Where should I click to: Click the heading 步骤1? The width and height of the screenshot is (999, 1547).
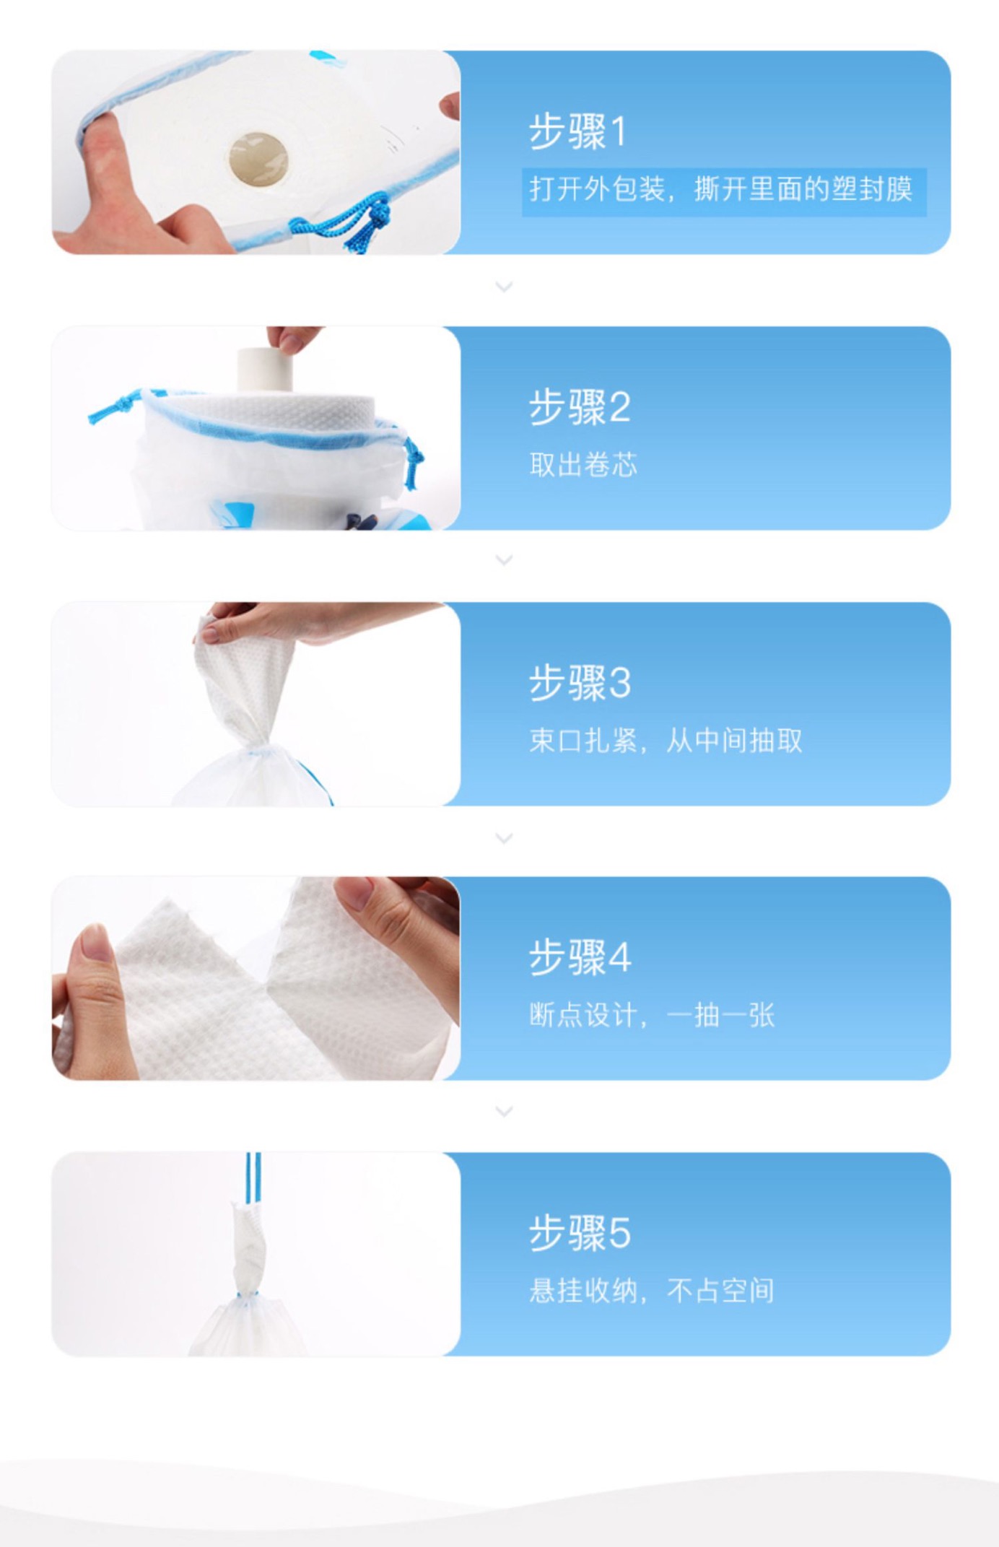click(577, 131)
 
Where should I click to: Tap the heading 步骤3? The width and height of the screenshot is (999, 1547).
click(580, 682)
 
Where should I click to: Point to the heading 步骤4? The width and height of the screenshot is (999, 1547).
click(580, 957)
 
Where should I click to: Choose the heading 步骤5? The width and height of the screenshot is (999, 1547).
click(580, 1232)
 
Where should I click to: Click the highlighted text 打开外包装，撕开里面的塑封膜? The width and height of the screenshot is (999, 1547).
click(721, 189)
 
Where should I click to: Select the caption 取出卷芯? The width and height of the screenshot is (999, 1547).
click(583, 465)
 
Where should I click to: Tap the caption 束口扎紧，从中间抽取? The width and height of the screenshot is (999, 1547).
click(666, 741)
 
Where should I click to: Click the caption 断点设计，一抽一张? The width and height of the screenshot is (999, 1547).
click(652, 1016)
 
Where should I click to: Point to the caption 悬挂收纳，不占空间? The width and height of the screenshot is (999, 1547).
click(652, 1291)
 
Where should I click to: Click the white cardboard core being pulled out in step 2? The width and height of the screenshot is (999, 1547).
click(265, 370)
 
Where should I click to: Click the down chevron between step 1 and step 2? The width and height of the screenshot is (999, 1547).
click(505, 287)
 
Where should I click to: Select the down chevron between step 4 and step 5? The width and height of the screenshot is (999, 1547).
click(505, 1112)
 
